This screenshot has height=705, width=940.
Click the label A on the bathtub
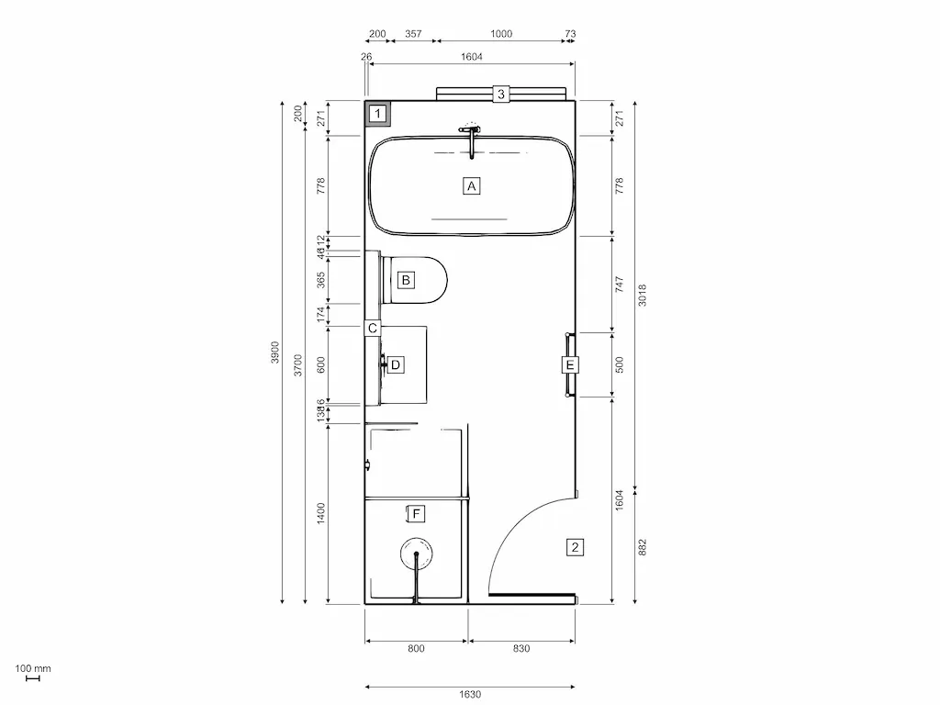(x=471, y=185)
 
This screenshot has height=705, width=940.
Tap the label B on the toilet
(x=406, y=279)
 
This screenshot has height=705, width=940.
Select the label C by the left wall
(x=373, y=328)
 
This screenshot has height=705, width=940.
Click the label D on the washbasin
(x=396, y=364)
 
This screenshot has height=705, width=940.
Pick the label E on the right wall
(x=570, y=364)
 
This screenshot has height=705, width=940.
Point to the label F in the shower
(x=417, y=513)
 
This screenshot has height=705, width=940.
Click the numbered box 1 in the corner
(x=377, y=115)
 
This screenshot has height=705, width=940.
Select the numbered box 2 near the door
(x=575, y=548)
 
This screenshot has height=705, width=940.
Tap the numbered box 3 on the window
(x=501, y=94)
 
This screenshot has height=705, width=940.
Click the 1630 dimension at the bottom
(x=470, y=695)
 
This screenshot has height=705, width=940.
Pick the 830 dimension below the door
(x=521, y=649)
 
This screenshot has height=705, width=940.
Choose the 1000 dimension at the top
(x=501, y=34)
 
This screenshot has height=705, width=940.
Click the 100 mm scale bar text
(x=33, y=668)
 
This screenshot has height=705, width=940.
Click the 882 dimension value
(x=643, y=546)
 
